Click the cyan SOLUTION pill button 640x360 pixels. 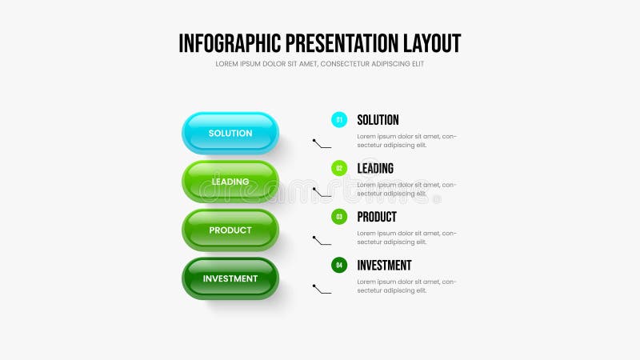[x=230, y=133]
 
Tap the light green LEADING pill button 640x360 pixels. [x=230, y=182]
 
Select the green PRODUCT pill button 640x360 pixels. [x=230, y=230]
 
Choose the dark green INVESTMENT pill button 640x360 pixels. [x=230, y=278]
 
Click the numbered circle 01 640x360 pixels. [x=339, y=120]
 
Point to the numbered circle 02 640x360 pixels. [x=339, y=168]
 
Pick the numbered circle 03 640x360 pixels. [x=339, y=217]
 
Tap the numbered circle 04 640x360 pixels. [x=339, y=265]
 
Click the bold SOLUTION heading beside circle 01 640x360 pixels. [x=378, y=120]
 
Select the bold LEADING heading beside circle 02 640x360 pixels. [x=375, y=168]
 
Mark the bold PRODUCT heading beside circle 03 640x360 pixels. [x=377, y=217]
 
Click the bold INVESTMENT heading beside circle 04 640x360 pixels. [x=384, y=265]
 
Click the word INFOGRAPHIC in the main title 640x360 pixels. [x=230, y=43]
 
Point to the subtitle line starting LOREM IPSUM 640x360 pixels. [x=320, y=64]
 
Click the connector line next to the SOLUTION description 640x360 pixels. [x=322, y=144]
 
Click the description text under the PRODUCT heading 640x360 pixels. [x=406, y=237]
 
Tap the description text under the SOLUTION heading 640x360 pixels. [x=406, y=140]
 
